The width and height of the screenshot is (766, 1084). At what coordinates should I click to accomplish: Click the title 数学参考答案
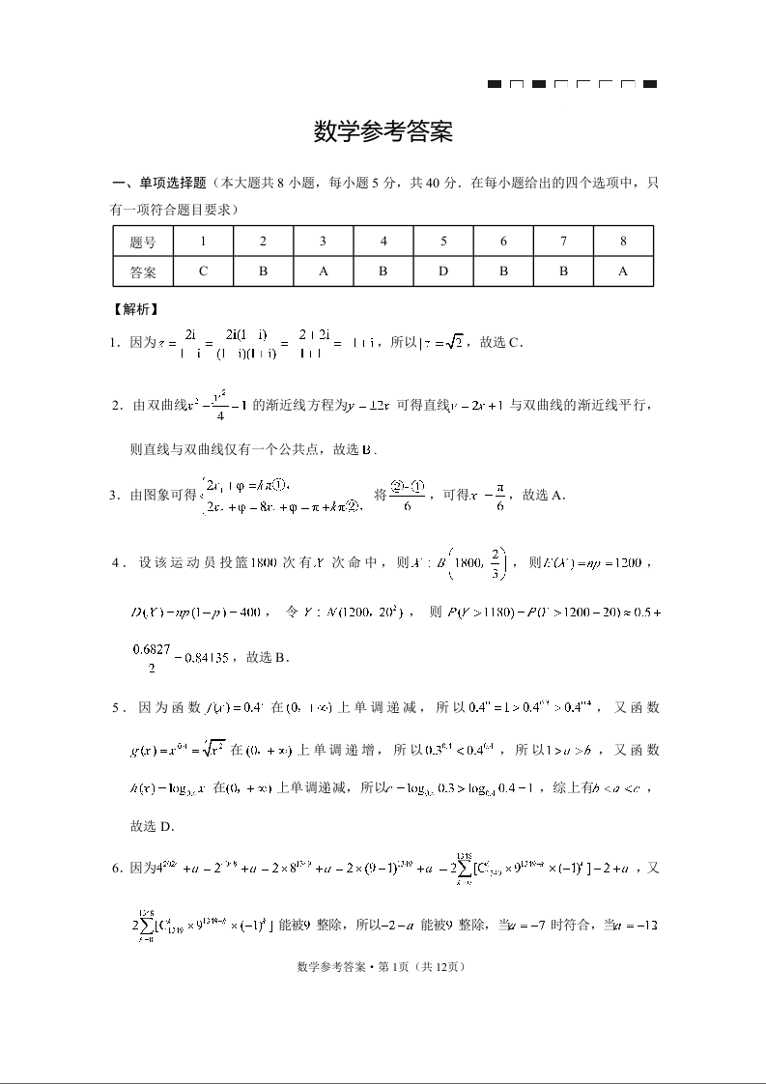[383, 132]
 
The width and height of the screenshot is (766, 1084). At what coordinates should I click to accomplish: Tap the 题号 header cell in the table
[143, 241]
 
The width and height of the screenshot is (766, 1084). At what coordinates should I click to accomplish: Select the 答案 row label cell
[143, 271]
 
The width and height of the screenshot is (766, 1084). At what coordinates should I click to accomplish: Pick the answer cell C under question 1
[203, 271]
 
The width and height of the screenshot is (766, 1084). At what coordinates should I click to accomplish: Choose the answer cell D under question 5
[443, 271]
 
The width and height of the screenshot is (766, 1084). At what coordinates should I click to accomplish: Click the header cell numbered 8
[623, 241]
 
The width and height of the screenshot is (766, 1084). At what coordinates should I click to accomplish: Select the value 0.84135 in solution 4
[197, 658]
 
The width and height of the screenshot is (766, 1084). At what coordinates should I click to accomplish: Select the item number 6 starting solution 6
[116, 869]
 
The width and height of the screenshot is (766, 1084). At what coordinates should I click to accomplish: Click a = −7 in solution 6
[544, 925]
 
